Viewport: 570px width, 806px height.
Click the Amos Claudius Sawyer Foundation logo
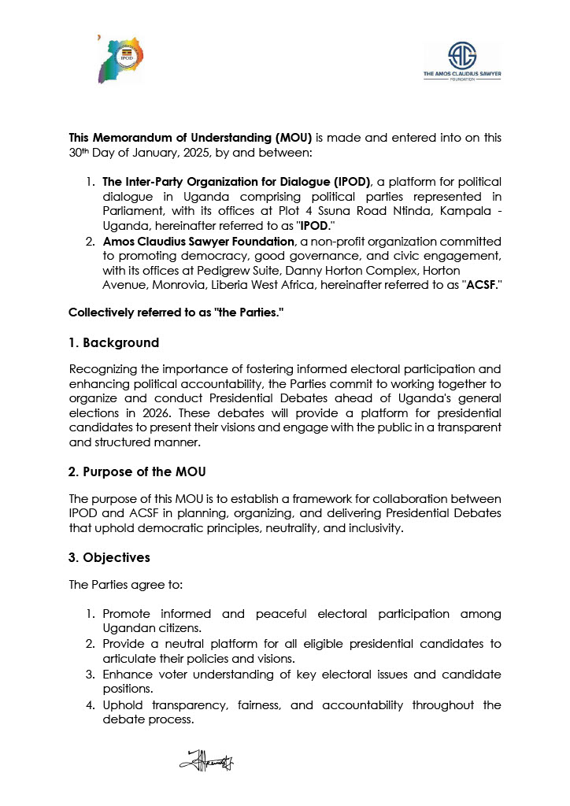coord(462,61)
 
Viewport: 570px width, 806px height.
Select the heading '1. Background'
coord(113,343)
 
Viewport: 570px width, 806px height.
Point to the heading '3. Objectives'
coord(109,557)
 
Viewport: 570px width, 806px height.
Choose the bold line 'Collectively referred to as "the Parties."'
coord(176,312)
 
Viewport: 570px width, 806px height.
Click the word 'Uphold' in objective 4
coord(123,705)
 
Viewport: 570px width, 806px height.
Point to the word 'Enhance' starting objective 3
coord(127,675)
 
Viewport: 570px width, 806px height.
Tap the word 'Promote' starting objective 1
coord(128,614)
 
